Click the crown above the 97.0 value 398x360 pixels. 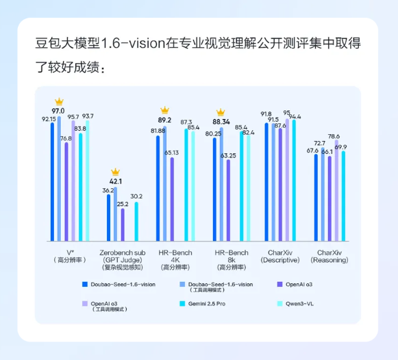[x=59, y=101]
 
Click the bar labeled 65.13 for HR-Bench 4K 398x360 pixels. [x=172, y=198]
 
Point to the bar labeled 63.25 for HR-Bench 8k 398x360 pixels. [x=228, y=201]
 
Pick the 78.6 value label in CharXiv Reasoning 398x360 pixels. [x=334, y=136]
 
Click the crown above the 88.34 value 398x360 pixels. [x=221, y=113]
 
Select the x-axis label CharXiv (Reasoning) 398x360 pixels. [x=329, y=256]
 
